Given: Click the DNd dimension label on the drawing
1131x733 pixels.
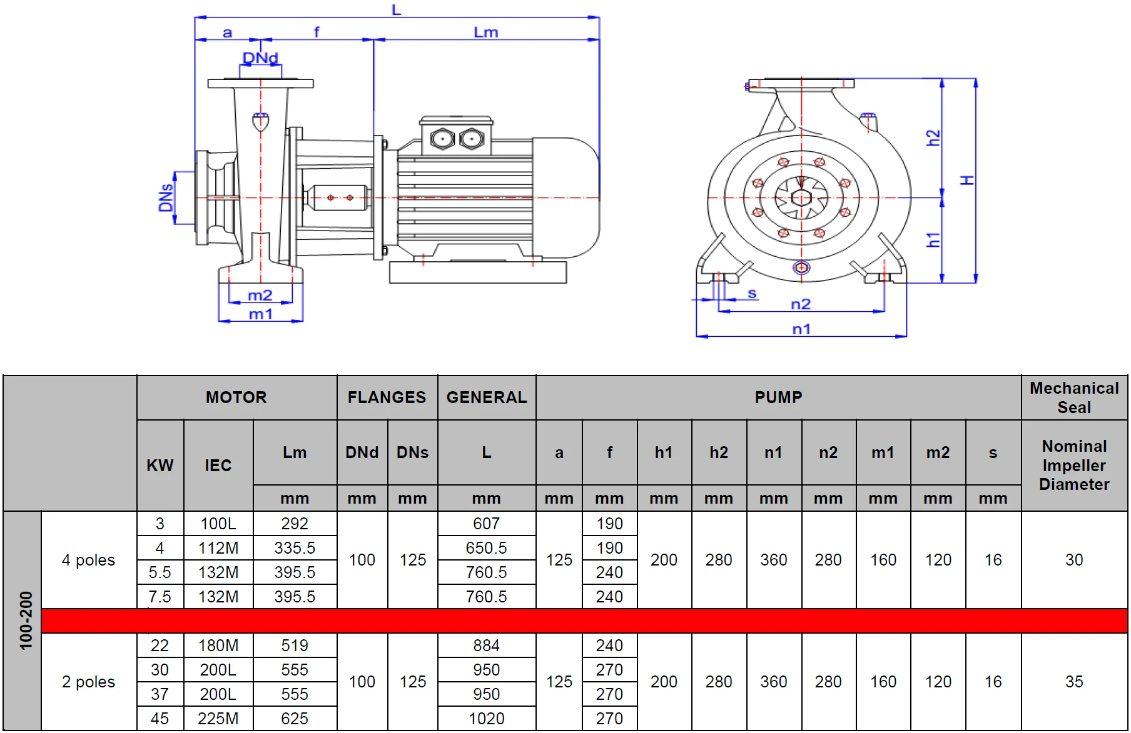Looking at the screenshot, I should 260,58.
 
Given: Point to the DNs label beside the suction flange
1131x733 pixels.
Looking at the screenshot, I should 166,197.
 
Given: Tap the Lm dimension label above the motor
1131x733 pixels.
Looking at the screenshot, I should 485,32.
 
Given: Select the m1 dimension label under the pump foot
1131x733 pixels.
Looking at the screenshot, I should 260,314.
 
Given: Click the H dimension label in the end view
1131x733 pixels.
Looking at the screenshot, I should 967,180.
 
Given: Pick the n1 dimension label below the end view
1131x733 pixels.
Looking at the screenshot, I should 801,329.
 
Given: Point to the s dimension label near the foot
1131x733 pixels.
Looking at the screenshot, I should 752,293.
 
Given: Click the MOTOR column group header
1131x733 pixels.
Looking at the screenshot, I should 236,397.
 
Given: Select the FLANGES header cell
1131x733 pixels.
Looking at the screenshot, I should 387,397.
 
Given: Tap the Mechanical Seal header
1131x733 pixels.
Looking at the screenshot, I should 1074,397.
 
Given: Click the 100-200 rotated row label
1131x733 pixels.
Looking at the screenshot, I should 26,620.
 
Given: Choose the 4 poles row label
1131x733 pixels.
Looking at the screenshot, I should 88,560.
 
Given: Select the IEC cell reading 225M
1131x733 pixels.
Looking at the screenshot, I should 218,719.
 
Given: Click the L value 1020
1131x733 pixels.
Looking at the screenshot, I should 486,719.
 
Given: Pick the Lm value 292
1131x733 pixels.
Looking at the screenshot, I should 294,524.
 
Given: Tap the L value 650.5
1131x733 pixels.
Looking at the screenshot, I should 486,548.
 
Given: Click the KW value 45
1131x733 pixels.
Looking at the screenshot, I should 160,719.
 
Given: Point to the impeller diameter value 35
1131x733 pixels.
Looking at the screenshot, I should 1073,682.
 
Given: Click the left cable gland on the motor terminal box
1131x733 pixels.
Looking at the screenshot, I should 442,138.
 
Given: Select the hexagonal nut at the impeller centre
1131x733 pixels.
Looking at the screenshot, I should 801,198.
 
